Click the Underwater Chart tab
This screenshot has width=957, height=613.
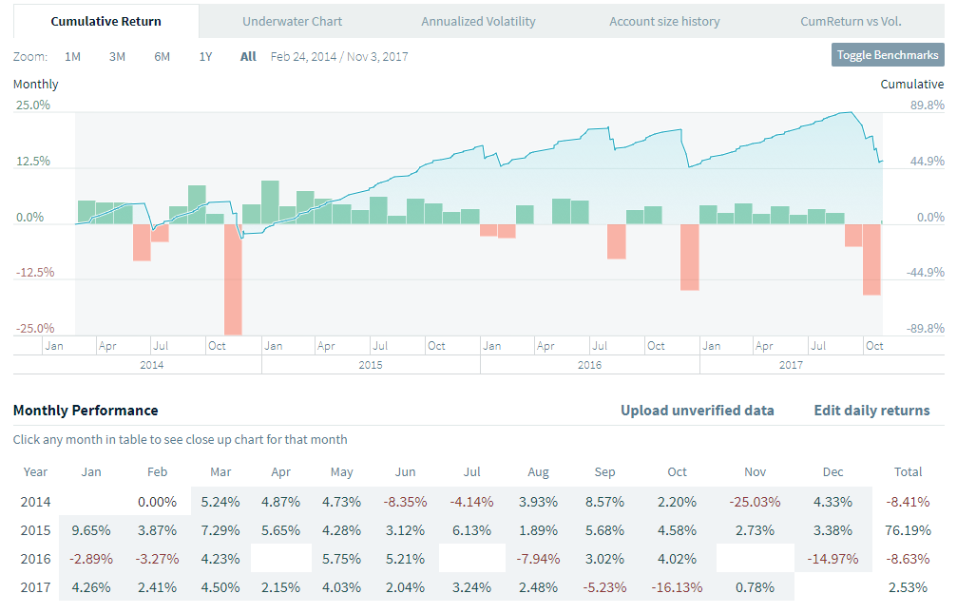[292, 21]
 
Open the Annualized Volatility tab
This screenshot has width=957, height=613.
[478, 21]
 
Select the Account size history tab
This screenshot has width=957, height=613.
[664, 21]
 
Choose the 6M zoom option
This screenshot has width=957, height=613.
[163, 56]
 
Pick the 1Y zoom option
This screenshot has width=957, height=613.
[205, 56]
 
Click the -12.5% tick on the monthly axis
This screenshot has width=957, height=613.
[33, 273]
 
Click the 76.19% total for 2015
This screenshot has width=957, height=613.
[909, 529]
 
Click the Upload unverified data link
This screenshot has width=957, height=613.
[697, 411]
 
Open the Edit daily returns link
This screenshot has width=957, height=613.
[871, 411]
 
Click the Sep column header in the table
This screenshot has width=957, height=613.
[604, 472]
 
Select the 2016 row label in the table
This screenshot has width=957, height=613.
[36, 558]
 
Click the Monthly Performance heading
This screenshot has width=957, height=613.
[86, 411]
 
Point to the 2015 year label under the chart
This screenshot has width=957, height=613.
[371, 365]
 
